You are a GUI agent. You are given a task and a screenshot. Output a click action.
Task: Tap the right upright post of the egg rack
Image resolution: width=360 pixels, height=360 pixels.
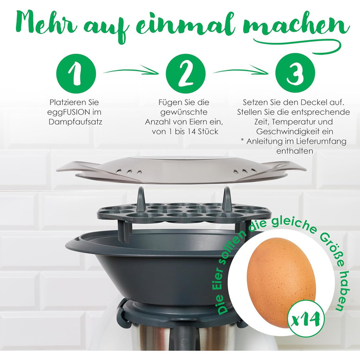pyautogui.click(x=226, y=198)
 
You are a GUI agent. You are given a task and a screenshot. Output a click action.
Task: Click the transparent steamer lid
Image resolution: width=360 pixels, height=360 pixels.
pyautogui.click(x=180, y=167)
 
